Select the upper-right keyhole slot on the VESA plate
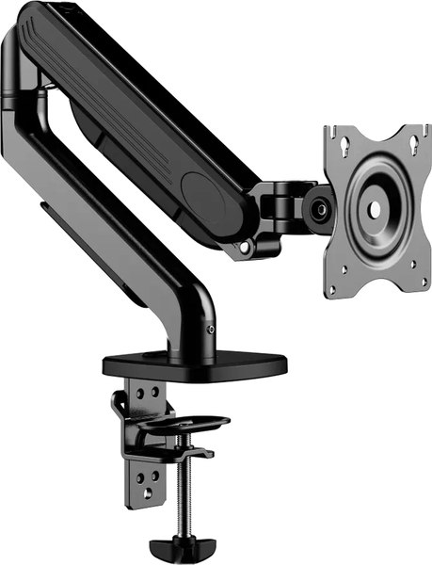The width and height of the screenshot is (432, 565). pos(414,144)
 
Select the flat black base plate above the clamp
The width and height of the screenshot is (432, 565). pos(193,362)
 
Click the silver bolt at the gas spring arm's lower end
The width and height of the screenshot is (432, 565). pos(248,248)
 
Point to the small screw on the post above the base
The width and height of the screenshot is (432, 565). pos(211,330)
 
